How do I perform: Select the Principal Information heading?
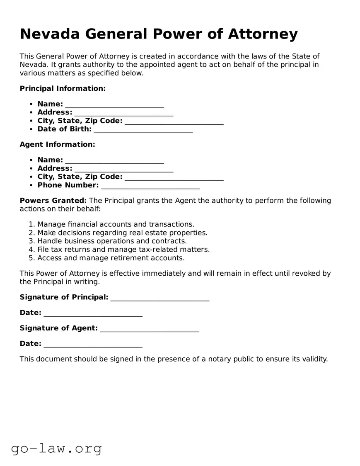point(63,88)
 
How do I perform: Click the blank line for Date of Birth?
point(143,130)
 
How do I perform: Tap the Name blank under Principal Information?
point(114,105)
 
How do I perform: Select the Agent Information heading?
point(57,144)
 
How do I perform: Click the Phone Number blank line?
point(150,186)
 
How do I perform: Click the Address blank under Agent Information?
point(123,169)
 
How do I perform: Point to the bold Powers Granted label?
point(53,201)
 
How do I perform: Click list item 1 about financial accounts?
point(116,224)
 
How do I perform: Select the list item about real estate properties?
point(122,233)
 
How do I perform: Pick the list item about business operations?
point(112,241)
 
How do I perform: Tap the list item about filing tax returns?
point(123,250)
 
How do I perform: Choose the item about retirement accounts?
point(111,258)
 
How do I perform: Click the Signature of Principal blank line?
point(160,298)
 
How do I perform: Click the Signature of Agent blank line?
point(149,329)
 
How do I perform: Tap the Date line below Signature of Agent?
point(93,345)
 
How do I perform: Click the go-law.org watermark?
point(56,448)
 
